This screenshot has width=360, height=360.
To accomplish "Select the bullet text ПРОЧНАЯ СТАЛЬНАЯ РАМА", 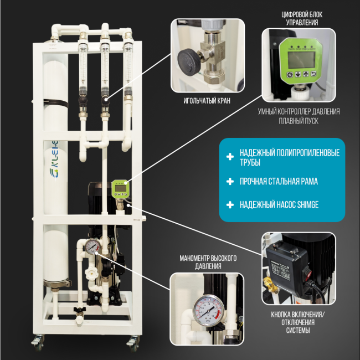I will [x=279, y=182].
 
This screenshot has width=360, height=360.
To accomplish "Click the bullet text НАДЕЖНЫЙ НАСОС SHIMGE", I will [x=279, y=204].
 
